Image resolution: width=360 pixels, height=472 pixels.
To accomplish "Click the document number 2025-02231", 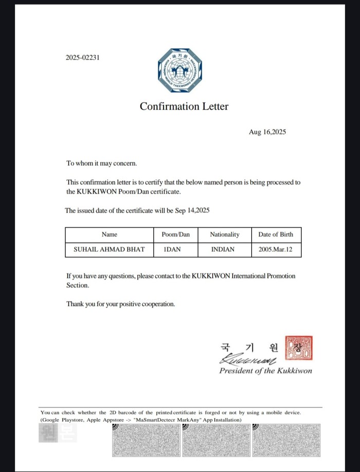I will (82, 58).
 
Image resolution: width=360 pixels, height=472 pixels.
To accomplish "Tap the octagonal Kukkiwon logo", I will (179, 71).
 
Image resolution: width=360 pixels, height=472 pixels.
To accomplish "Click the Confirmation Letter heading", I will (184, 106).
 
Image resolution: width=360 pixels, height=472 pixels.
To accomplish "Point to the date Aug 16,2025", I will (267, 132).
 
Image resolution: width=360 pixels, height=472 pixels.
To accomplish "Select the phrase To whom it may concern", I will (102, 164).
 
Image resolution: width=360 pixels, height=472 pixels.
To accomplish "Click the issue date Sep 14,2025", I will (192, 211).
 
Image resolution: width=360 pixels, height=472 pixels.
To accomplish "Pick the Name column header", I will (110, 234).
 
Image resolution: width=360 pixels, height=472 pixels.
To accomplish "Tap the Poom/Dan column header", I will (175, 234).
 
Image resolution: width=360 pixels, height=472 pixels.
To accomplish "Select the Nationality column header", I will (225, 234).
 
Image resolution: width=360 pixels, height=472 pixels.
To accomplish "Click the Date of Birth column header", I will (276, 234).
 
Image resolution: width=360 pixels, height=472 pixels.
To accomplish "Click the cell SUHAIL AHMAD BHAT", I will (110, 250).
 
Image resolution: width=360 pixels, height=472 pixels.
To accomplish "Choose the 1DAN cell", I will (175, 250).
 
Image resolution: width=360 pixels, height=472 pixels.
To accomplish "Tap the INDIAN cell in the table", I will (223, 250).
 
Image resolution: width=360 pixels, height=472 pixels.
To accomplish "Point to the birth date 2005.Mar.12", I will (276, 250).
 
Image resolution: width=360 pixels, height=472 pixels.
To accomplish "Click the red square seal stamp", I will (300, 348).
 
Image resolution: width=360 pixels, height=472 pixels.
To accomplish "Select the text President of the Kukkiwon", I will (265, 371).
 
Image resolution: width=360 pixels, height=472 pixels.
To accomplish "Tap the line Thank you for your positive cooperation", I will (120, 304).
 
